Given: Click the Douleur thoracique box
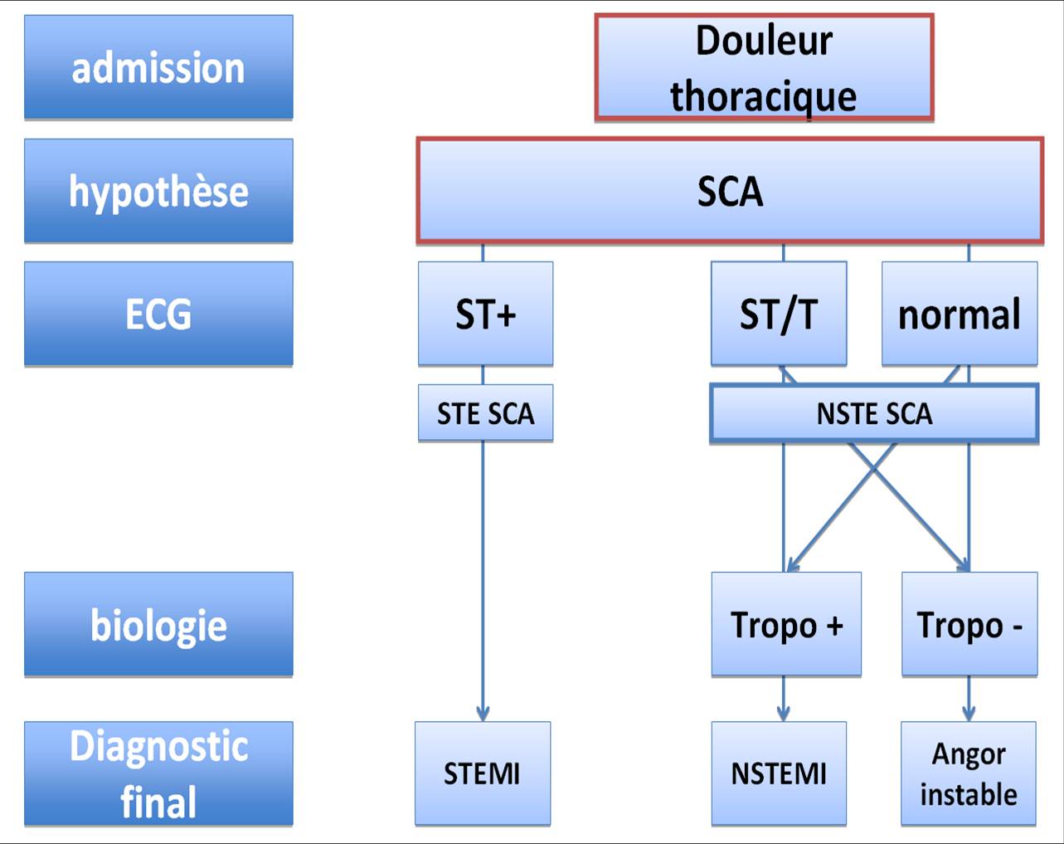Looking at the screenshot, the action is point(764,67).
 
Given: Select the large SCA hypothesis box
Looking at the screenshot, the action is point(730,191).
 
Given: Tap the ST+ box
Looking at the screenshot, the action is point(485,314).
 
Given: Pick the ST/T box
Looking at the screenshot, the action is point(779,314).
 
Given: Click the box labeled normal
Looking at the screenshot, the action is point(960,314).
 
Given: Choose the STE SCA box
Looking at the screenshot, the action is point(485,412).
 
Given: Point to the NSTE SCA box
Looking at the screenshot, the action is point(874,412).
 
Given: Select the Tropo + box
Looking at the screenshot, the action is point(786,624).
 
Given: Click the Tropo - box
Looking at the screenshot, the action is point(969,624).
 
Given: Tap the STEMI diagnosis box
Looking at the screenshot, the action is point(483,773).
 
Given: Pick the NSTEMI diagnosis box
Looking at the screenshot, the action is point(779,773).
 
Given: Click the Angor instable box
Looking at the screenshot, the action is point(968,773).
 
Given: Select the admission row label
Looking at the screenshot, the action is point(158,67).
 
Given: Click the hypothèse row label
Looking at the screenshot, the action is point(158,191).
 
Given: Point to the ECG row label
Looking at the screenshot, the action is point(158,314).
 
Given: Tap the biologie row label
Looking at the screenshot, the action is point(158,624).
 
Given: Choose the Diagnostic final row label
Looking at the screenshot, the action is point(158,773).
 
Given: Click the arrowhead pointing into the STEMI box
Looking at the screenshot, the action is point(483,715).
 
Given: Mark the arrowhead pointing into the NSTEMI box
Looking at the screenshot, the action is point(783,715).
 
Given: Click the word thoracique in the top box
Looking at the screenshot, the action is point(764,97).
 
